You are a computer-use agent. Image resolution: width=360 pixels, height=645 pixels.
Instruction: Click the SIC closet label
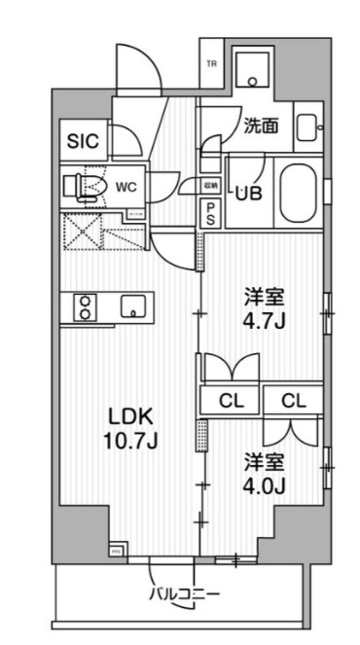pyautogui.click(x=84, y=140)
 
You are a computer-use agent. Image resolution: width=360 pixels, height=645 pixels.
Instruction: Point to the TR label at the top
pyautogui.click(x=211, y=64)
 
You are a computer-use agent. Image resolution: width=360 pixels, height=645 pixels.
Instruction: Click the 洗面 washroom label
pyautogui.click(x=261, y=125)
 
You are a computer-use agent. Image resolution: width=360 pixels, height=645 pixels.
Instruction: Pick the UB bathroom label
pyautogui.click(x=248, y=193)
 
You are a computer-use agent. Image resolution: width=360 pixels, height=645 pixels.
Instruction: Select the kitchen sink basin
pyautogui.click(x=130, y=307)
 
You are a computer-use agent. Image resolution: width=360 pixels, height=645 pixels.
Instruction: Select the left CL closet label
pyautogui.click(x=232, y=401)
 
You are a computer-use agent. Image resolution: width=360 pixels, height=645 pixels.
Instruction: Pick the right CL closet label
pyautogui.click(x=297, y=401)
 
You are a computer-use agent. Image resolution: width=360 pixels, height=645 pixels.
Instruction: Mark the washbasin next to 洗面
pyautogui.click(x=306, y=127)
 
